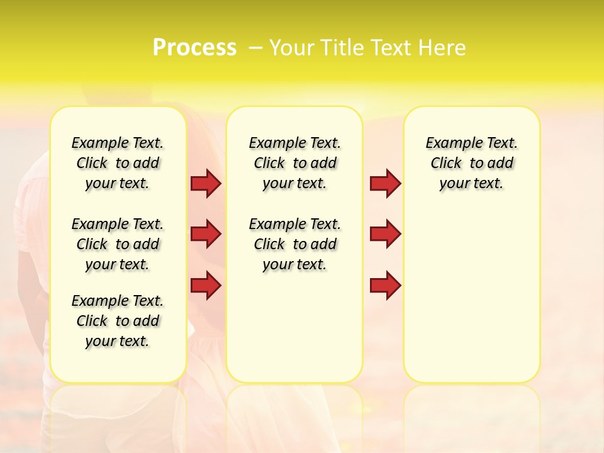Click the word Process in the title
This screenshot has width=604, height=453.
pos(194,48)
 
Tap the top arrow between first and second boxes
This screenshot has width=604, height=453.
pos(206,183)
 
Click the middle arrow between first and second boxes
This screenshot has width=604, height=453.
pos(206,234)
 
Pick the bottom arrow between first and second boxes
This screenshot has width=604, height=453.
pos(206,286)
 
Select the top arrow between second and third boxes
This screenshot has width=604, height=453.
pos(385,183)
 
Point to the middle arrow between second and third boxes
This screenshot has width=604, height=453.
pos(385,234)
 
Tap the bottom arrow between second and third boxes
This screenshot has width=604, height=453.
pos(385,286)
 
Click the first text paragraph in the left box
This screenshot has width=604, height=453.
pos(118,163)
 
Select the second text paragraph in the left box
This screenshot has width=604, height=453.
pos(118,244)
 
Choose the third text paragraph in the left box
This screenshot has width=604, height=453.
pos(118,321)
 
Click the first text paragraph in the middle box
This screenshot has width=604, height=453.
pos(294,163)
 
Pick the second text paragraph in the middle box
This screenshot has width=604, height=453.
pos(294,244)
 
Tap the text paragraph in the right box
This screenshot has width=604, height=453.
pos(471,163)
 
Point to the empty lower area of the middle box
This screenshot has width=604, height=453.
pos(294,327)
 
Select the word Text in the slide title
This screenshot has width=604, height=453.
pos(390,48)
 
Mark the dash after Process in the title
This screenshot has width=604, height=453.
pos(255,48)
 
